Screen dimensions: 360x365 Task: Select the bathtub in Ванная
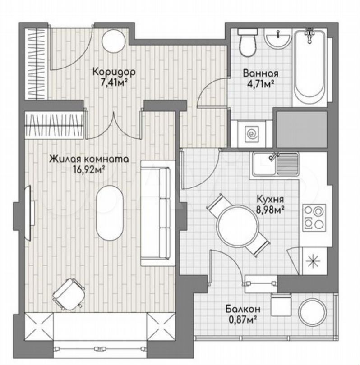click(309, 68)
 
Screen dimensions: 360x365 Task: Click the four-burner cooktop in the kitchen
click(314, 217)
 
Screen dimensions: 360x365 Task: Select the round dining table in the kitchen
click(237, 225)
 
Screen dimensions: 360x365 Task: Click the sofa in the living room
click(158, 213)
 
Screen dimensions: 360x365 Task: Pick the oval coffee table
click(110, 212)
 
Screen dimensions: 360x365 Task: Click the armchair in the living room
click(69, 294)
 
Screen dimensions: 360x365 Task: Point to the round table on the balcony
click(313, 311)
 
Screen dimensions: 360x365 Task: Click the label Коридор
click(114, 72)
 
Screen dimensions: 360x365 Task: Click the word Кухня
click(270, 199)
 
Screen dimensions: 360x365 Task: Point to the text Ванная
click(260, 73)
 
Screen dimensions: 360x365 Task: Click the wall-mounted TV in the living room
click(30, 213)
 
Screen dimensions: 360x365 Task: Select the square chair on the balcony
click(281, 305)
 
